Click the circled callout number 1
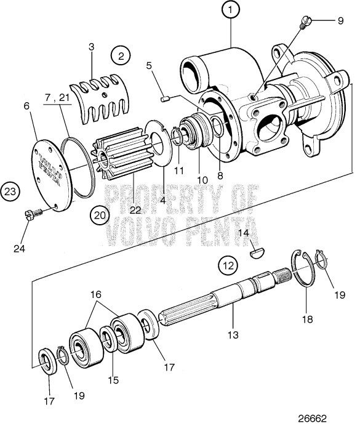[231, 10]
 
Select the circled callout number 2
[121, 55]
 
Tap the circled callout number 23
[10, 191]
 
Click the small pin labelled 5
[164, 96]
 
